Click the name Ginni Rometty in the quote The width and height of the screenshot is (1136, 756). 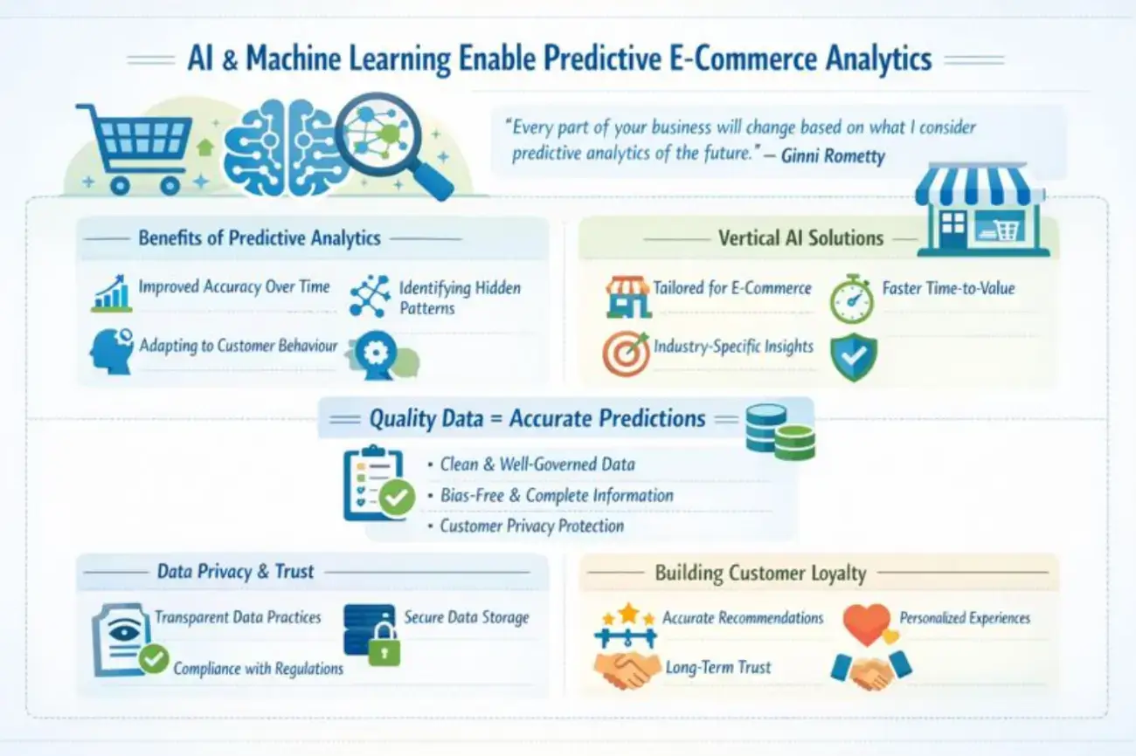(833, 155)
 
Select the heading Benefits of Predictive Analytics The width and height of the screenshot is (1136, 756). (260, 238)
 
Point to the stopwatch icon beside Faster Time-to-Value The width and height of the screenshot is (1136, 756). (852, 299)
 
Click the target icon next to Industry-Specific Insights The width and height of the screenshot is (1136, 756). (627, 354)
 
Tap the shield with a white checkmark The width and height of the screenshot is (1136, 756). (854, 357)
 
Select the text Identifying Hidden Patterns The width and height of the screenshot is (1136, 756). (460, 298)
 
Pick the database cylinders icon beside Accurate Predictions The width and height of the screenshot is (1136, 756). (780, 432)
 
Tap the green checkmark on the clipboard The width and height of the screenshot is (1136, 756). (397, 498)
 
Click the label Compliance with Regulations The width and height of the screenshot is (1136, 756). (258, 669)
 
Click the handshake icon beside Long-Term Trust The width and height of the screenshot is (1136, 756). (627, 670)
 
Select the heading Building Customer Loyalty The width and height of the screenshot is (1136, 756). (761, 573)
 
